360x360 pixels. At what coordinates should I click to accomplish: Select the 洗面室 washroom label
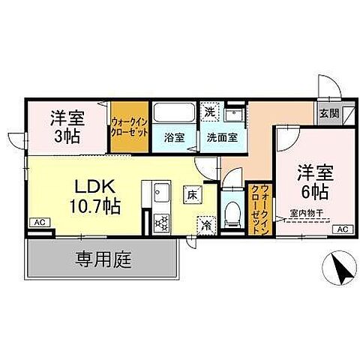pos(222,137)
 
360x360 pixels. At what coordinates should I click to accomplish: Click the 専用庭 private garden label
pos(103,261)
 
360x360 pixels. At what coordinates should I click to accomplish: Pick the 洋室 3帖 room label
pos(67,127)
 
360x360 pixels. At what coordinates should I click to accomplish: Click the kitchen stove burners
pos(160,222)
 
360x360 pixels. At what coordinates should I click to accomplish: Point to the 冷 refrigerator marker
pos(205,223)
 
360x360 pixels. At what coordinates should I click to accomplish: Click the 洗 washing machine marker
pos(210,110)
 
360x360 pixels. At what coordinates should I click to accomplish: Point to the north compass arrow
pos(337,268)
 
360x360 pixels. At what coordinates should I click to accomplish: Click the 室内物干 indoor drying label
pos(307,213)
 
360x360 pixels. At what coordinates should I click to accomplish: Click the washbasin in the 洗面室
pos(232,115)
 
